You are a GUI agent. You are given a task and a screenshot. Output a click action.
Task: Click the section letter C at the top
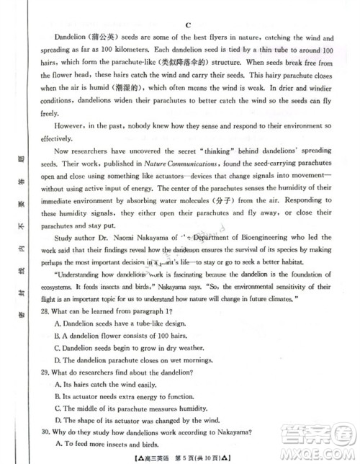(x=186, y=24)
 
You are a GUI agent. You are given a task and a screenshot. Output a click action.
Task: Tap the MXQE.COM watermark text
(x=317, y=453)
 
